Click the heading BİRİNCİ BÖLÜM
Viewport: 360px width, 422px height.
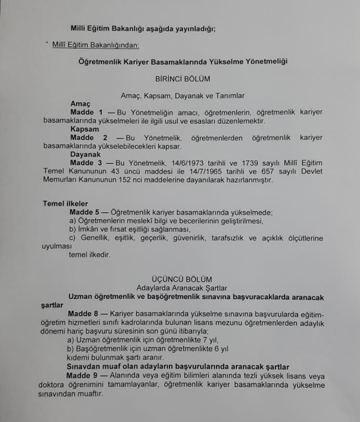(x=182, y=79)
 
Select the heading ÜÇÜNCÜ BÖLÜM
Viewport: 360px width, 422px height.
(x=182, y=279)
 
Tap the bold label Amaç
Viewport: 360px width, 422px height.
(x=80, y=104)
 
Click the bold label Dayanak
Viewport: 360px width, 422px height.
(x=85, y=154)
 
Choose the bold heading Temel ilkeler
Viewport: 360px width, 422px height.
(x=65, y=204)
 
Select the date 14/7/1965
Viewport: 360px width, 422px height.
(x=213, y=171)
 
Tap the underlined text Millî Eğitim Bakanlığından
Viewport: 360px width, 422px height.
(x=96, y=45)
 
